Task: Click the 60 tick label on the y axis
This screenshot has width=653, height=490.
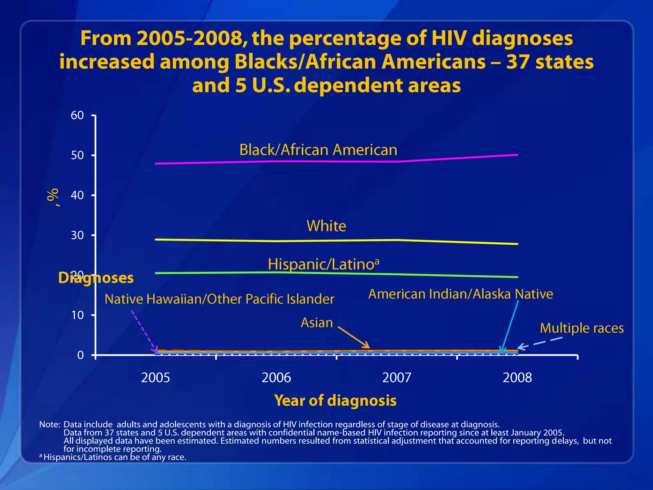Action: pyautogui.click(x=77, y=115)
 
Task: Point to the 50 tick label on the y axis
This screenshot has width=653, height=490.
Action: pyautogui.click(x=77, y=155)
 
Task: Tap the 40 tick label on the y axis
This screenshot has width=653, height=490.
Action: pyautogui.click(x=77, y=195)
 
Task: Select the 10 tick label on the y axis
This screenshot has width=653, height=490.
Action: pyautogui.click(x=77, y=315)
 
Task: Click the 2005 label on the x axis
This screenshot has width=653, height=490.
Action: pyautogui.click(x=156, y=378)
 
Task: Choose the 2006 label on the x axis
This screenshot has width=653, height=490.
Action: pyautogui.click(x=276, y=378)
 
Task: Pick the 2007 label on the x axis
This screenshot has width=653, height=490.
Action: pyautogui.click(x=397, y=378)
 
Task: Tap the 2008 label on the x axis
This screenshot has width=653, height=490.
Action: pyautogui.click(x=517, y=378)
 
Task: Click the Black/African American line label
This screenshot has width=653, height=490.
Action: pyautogui.click(x=318, y=150)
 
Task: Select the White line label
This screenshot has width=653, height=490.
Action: pyautogui.click(x=326, y=226)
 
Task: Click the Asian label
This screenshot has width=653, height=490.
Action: pyautogui.click(x=317, y=323)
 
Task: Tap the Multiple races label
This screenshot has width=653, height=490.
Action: pyautogui.click(x=582, y=328)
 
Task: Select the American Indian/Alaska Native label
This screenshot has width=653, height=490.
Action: pyautogui.click(x=460, y=294)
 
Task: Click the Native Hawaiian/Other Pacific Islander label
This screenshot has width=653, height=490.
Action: pyautogui.click(x=219, y=299)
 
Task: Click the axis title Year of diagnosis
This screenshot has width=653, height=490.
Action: pyautogui.click(x=335, y=400)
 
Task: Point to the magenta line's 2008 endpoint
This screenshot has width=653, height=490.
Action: pyautogui.click(x=517, y=155)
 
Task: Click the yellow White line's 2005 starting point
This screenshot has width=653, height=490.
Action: pyautogui.click(x=156, y=239)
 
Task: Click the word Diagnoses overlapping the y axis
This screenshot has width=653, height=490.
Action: pyautogui.click(x=96, y=278)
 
